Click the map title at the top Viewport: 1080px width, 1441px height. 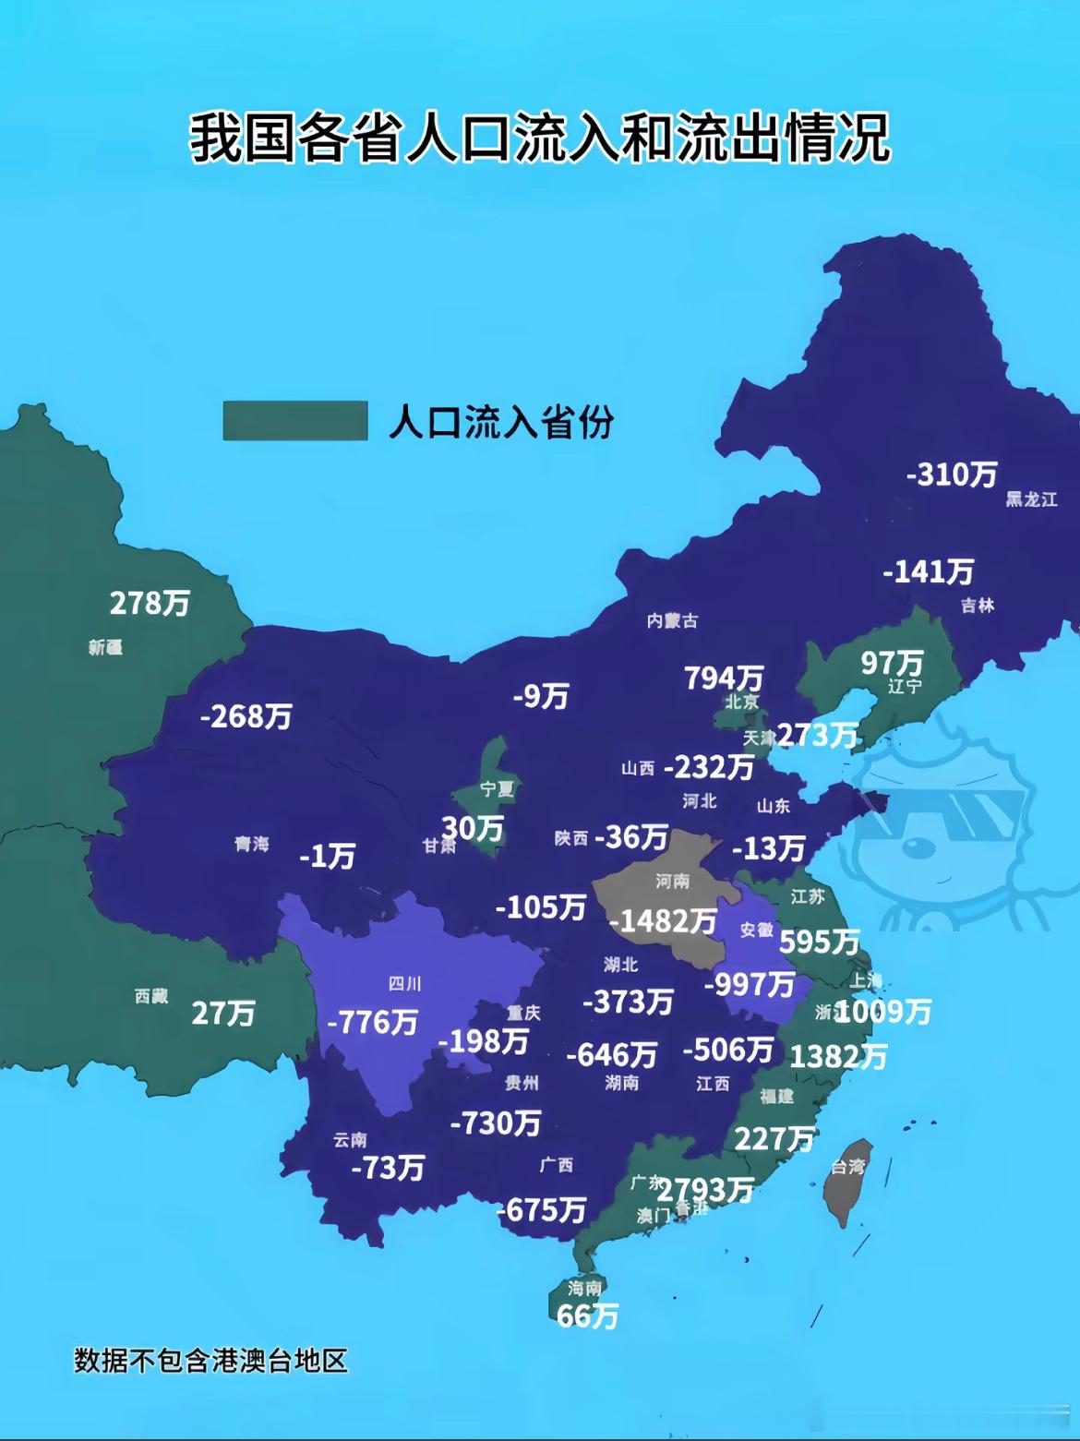(x=540, y=138)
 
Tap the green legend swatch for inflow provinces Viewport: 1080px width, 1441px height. (x=295, y=421)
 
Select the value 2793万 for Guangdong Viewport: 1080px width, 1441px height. (x=705, y=1190)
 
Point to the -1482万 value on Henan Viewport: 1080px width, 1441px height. (x=663, y=920)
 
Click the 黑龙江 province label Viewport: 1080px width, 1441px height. (x=1031, y=499)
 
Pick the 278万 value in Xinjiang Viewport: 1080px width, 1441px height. (x=150, y=603)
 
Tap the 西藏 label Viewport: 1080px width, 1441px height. (x=151, y=996)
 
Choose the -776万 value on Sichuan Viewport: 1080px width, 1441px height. (x=373, y=1022)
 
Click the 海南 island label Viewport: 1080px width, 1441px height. (x=585, y=1288)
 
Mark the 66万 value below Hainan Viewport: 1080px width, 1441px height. (x=587, y=1315)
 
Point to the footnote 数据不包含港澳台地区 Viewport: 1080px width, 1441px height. (x=210, y=1361)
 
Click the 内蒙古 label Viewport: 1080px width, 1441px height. (x=672, y=620)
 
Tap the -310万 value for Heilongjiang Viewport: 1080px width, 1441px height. (x=952, y=474)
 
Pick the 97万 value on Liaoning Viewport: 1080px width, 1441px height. (x=892, y=662)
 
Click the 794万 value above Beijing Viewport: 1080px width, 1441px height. (x=724, y=678)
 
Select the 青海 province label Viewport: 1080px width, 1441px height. (x=251, y=844)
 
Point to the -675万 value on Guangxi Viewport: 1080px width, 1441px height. (x=542, y=1209)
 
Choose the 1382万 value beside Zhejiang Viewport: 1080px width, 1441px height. (x=838, y=1056)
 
